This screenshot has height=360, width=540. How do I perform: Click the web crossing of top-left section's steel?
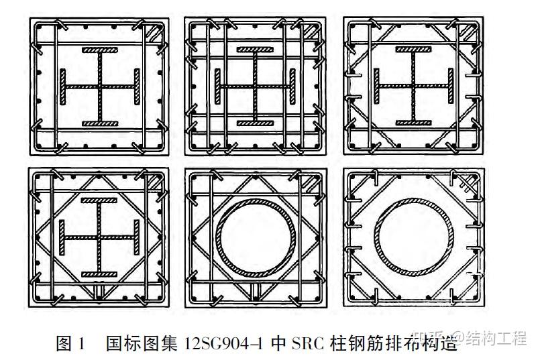click(99, 87)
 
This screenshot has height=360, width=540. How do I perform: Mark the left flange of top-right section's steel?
click(378, 87)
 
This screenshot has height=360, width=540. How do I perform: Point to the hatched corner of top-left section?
click(154, 32)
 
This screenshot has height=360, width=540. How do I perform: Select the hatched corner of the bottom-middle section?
click(312, 182)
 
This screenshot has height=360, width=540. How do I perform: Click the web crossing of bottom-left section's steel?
click(99, 237)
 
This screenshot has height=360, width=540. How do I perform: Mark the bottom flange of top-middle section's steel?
click(257, 123)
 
